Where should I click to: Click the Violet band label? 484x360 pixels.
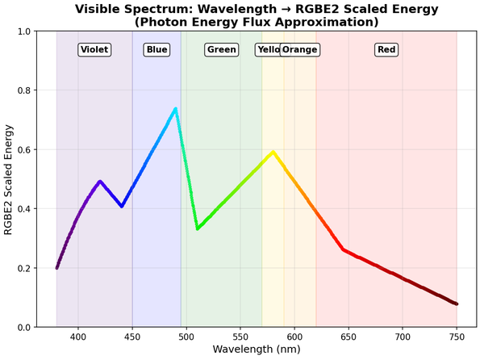(x=94, y=50)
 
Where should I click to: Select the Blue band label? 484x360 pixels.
(x=156, y=50)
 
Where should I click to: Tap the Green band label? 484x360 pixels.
(x=221, y=50)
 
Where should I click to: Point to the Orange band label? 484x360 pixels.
(x=300, y=50)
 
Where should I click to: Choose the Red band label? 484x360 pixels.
(x=386, y=50)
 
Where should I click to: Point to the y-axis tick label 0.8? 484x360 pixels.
(x=22, y=91)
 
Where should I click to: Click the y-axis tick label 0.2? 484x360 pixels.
(x=22, y=269)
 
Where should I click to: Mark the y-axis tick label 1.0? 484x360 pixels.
(x=22, y=32)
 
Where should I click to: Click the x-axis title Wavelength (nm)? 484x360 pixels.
(x=257, y=350)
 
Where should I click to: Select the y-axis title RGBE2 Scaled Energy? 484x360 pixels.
(x=9, y=179)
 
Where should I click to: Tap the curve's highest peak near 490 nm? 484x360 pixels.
(x=175, y=109)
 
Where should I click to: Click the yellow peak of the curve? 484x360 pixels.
(x=273, y=152)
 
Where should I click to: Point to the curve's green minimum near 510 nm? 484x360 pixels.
(x=198, y=228)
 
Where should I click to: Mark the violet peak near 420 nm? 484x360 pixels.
(x=100, y=182)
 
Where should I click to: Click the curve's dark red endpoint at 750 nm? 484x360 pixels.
(x=457, y=303)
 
